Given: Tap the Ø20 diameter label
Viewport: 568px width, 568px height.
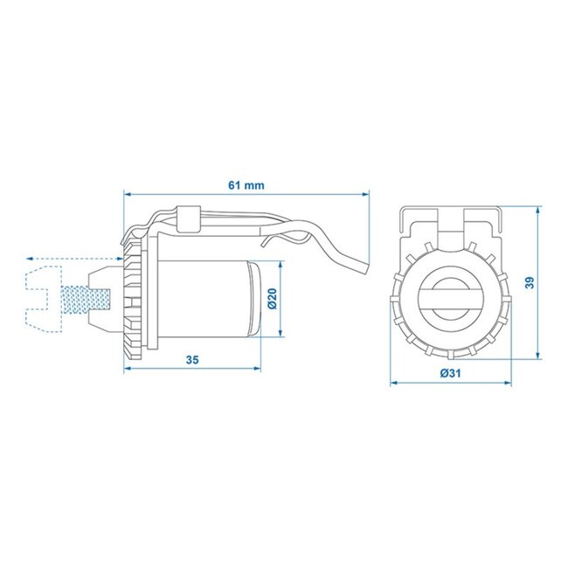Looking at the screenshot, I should (272, 300).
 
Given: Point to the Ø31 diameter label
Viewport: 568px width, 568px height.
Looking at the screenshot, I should (450, 373).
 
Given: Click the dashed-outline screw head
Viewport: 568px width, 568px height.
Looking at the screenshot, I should (41, 297).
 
